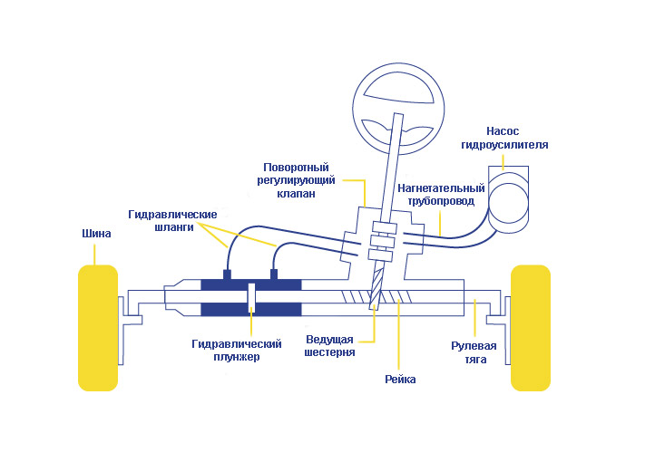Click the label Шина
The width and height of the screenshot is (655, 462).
[96, 234]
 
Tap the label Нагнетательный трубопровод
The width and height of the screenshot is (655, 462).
[435, 195]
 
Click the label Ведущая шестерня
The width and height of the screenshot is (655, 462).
[328, 345]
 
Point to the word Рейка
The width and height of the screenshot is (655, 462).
[400, 379]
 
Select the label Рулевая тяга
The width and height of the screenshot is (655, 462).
[474, 351]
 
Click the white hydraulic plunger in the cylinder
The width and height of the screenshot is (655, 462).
[251, 298]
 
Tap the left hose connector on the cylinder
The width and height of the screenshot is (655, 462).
[228, 274]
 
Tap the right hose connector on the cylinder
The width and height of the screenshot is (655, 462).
[273, 274]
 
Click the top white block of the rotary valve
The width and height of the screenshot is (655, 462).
[386, 226]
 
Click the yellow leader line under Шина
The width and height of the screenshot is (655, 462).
[96, 252]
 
